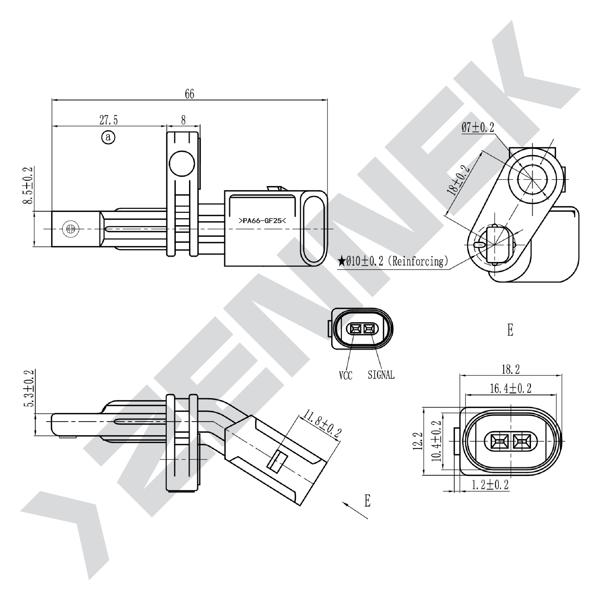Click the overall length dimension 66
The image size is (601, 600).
(189, 94)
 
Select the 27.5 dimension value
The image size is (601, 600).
(109, 120)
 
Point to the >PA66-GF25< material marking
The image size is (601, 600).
(262, 221)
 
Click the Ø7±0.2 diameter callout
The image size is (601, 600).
(478, 127)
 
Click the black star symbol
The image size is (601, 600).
(342, 261)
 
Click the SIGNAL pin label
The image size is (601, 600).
(381, 375)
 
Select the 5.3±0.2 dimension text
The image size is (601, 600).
(30, 388)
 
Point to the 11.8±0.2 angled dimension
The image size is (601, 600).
(322, 424)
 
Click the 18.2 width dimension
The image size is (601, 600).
(510, 370)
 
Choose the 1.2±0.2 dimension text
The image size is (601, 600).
(490, 485)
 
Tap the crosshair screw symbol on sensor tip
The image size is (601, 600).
(69, 229)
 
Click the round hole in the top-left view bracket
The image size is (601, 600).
(182, 164)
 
